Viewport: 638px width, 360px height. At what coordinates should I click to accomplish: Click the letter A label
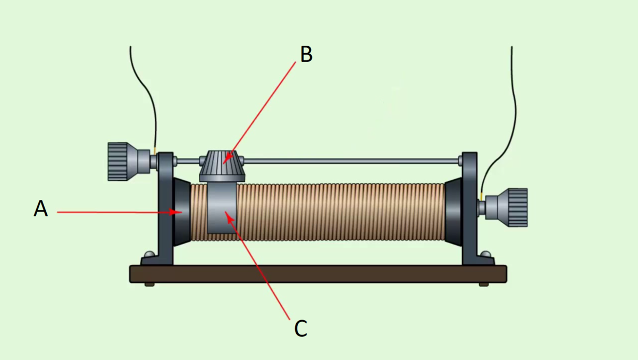click(41, 208)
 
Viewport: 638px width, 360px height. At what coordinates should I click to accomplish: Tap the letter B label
click(306, 54)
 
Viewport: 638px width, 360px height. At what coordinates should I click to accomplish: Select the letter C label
click(300, 329)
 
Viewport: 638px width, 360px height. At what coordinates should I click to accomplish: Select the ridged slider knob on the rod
click(222, 166)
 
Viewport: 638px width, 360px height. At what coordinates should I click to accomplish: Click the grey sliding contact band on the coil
click(222, 208)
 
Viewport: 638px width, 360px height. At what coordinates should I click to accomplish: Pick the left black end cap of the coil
click(181, 212)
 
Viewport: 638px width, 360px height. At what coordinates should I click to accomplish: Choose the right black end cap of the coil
click(453, 212)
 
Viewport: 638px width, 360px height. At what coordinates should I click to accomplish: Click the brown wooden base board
click(318, 274)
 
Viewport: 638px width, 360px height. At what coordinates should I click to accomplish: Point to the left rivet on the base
click(149, 254)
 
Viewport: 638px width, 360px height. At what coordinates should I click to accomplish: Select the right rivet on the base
click(485, 254)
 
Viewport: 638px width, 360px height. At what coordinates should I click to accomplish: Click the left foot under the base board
click(149, 284)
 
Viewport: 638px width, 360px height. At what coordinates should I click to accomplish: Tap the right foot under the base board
click(484, 284)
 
